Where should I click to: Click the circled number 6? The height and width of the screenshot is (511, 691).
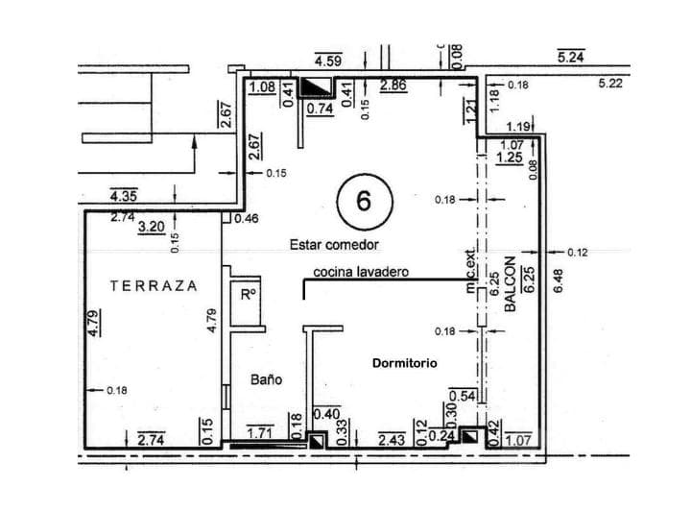pos(363,201)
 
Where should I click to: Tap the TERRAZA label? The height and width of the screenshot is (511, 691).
pos(154,285)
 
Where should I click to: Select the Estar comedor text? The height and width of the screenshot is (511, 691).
pos(335,245)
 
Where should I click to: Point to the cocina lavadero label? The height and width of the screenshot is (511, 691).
pos(361,272)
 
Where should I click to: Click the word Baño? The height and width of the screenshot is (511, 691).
pos(266,379)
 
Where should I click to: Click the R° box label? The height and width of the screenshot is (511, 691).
pos(248,295)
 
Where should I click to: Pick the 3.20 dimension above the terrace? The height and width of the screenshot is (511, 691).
pos(153,228)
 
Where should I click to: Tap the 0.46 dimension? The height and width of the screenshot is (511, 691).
pos(246,219)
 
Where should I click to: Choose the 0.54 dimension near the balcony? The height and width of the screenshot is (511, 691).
pos(464,396)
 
